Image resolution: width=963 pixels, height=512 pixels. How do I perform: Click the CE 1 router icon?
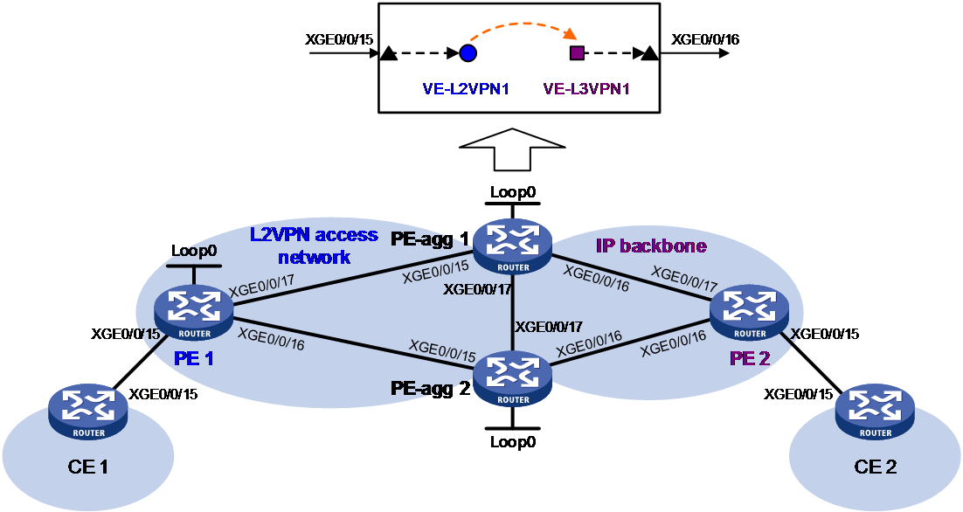click(89, 413)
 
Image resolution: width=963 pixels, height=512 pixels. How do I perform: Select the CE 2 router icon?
click(875, 413)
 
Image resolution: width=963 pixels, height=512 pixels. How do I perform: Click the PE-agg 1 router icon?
click(512, 247)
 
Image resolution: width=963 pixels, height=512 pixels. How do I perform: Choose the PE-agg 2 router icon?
click(512, 380)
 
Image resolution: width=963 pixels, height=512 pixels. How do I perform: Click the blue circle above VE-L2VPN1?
click(468, 53)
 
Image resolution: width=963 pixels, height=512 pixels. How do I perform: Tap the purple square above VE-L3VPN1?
click(577, 53)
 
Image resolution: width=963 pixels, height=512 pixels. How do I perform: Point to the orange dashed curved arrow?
click(521, 24)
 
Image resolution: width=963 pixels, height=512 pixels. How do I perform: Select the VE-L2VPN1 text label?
click(466, 88)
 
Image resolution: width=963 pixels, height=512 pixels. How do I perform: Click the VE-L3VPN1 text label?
click(586, 88)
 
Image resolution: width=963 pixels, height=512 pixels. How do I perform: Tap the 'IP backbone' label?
click(651, 246)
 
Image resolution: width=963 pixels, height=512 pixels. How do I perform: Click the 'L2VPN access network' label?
click(314, 246)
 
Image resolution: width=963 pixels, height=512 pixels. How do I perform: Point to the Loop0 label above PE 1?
click(195, 251)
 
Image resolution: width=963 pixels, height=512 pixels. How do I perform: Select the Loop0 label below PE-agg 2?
click(513, 442)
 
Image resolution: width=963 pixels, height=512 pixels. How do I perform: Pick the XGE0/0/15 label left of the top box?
click(339, 39)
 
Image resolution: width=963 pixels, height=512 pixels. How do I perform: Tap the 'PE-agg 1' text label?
click(429, 238)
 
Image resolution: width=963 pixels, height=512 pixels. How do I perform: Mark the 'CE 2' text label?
click(875, 467)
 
